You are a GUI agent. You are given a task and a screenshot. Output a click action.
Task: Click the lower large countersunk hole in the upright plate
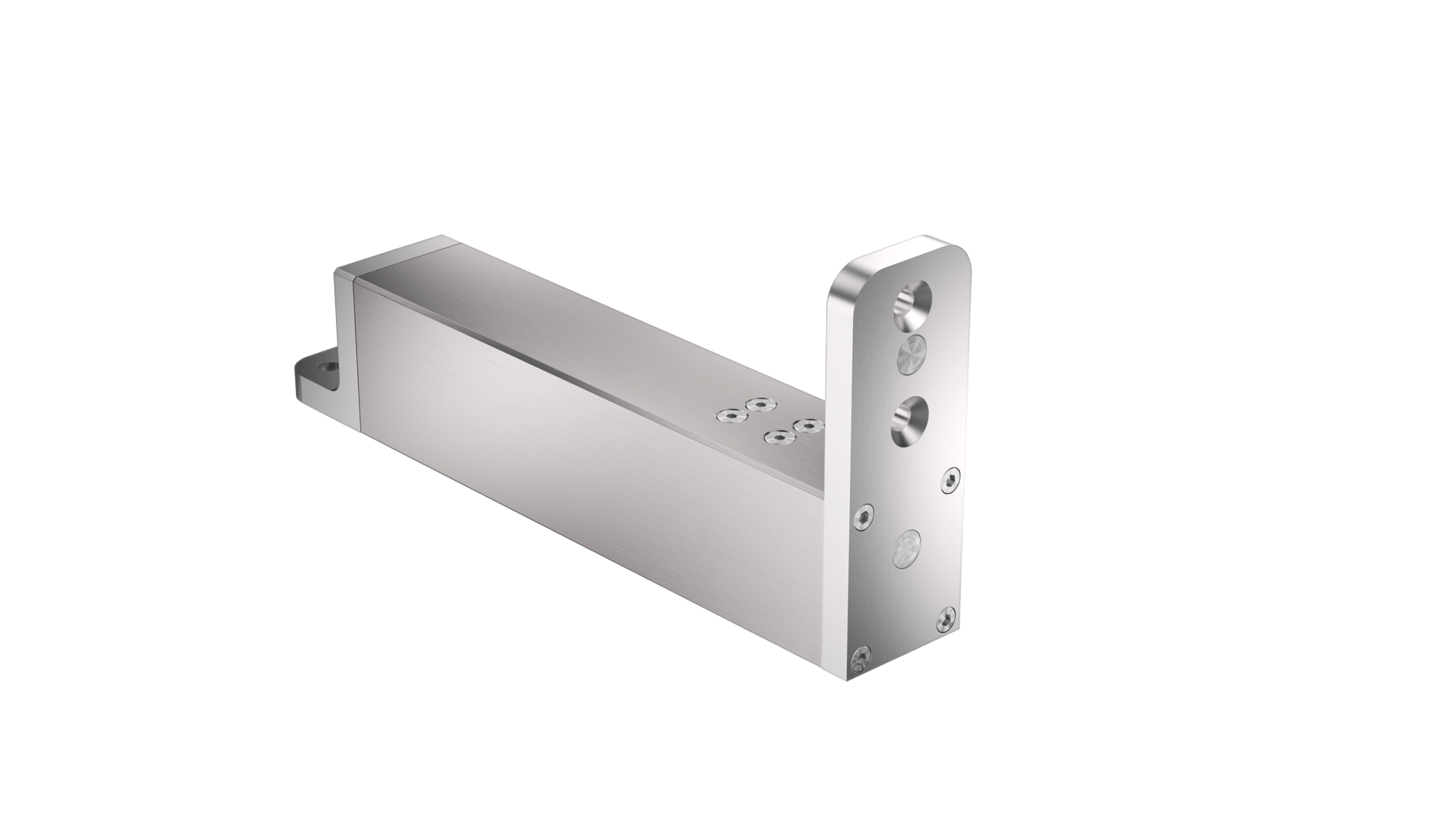(906, 421)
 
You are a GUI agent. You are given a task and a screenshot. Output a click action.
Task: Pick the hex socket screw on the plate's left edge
(866, 517)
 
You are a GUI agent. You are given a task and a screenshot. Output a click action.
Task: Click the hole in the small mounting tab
(327, 366)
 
